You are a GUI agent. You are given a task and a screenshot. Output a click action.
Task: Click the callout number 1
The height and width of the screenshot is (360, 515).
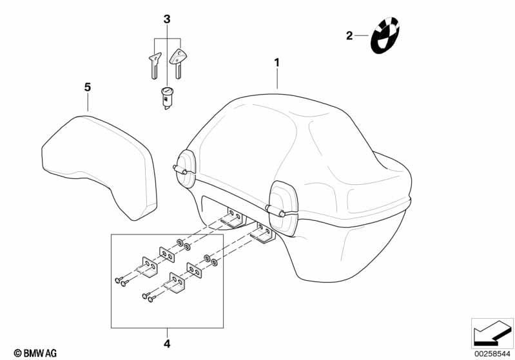[x=277, y=62]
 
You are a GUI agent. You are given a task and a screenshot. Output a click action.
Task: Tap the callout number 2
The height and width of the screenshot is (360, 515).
[x=349, y=35]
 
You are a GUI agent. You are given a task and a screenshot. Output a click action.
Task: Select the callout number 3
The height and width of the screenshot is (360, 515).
[x=167, y=19]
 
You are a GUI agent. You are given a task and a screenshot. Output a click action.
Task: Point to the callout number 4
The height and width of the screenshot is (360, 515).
[x=167, y=344]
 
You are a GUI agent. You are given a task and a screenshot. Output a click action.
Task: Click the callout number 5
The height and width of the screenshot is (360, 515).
[x=88, y=88]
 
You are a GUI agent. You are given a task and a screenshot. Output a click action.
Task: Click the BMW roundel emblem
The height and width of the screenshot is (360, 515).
[x=385, y=35]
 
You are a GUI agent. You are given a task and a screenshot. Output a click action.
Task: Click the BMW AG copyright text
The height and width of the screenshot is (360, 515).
[x=35, y=353]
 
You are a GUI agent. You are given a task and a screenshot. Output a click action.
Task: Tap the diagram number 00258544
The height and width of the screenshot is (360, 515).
[x=492, y=354]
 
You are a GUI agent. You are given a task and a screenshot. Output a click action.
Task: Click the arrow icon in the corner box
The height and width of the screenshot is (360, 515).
[x=492, y=334]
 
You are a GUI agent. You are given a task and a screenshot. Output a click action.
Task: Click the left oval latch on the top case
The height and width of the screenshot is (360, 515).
[x=185, y=169]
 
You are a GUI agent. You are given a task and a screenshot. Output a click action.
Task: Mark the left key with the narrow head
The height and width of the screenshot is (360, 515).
[x=154, y=66]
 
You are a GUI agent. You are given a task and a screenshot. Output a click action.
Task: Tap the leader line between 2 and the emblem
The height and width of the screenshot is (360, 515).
[x=362, y=35]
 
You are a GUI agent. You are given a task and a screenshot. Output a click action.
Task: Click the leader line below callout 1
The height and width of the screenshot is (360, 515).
[x=277, y=79]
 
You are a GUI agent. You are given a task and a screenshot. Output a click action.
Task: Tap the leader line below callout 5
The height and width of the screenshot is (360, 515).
[x=88, y=102]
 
